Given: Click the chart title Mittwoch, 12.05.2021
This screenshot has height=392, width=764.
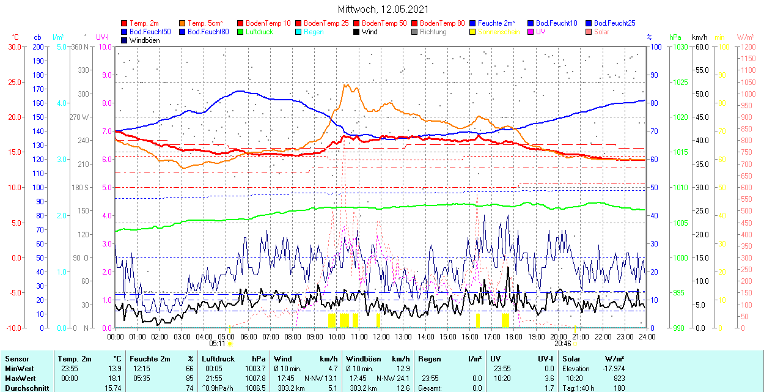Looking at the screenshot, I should [383, 10].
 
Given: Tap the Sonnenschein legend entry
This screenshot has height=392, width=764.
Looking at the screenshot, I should [498, 32].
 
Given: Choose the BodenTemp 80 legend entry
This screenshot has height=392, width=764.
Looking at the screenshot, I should [442, 23].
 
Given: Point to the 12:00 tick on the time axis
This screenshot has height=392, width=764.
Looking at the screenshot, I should [381, 337].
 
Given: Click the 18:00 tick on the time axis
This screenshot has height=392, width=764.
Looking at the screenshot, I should [514, 337].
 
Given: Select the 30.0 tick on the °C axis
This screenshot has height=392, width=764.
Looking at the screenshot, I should [13, 47].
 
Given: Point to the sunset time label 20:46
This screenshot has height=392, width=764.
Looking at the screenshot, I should [563, 344].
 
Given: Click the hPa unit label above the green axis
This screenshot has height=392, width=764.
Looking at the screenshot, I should [675, 37].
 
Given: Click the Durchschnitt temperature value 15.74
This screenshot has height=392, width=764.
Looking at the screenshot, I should [112, 388].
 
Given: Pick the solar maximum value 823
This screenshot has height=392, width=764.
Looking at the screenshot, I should [618, 379].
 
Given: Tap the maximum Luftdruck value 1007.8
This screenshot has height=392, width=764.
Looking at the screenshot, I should [255, 379].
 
